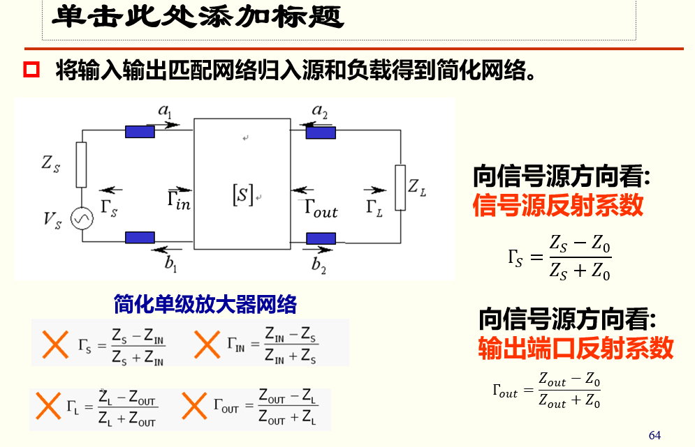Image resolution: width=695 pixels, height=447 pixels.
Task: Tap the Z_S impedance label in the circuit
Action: click(51, 165)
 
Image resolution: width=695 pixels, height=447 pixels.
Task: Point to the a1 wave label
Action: click(166, 109)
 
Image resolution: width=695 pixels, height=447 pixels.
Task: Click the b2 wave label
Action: click(319, 264)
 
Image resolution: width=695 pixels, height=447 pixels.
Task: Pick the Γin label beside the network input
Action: click(179, 202)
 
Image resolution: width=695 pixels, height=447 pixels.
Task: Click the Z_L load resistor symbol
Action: click(400, 187)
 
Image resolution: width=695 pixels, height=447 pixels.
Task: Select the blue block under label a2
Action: click(321, 132)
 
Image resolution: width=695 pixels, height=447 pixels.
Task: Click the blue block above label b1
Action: click(140, 238)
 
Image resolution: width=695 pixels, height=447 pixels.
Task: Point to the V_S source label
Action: click(52, 220)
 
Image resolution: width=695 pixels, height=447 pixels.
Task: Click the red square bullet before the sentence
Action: click(33, 70)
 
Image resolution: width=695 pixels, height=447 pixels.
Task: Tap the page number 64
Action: click(654, 435)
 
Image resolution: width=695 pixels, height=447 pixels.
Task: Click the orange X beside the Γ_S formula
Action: click(53, 344)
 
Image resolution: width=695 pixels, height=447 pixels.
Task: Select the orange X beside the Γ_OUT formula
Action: click(195, 406)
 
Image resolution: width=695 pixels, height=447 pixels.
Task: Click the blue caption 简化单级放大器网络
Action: click(205, 304)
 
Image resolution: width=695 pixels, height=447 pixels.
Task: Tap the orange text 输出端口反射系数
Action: click(576, 347)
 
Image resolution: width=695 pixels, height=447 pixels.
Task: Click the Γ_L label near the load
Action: click(374, 207)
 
